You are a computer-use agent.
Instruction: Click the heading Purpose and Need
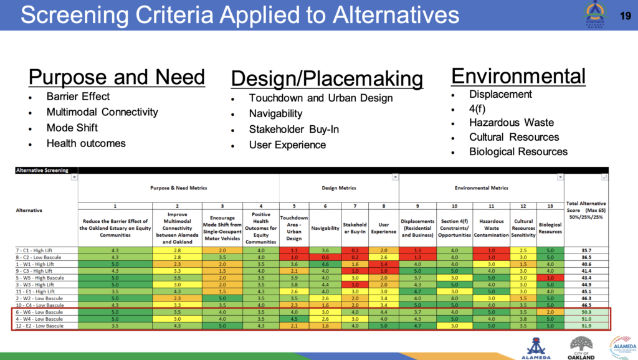[x=117, y=77]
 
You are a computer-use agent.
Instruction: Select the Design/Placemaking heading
[x=326, y=79]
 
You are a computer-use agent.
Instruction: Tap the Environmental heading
[x=518, y=76]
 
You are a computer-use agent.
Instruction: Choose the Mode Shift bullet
[x=72, y=128]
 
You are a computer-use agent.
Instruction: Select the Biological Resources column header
[x=550, y=228]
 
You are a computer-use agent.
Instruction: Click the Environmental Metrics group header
[x=481, y=187]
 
